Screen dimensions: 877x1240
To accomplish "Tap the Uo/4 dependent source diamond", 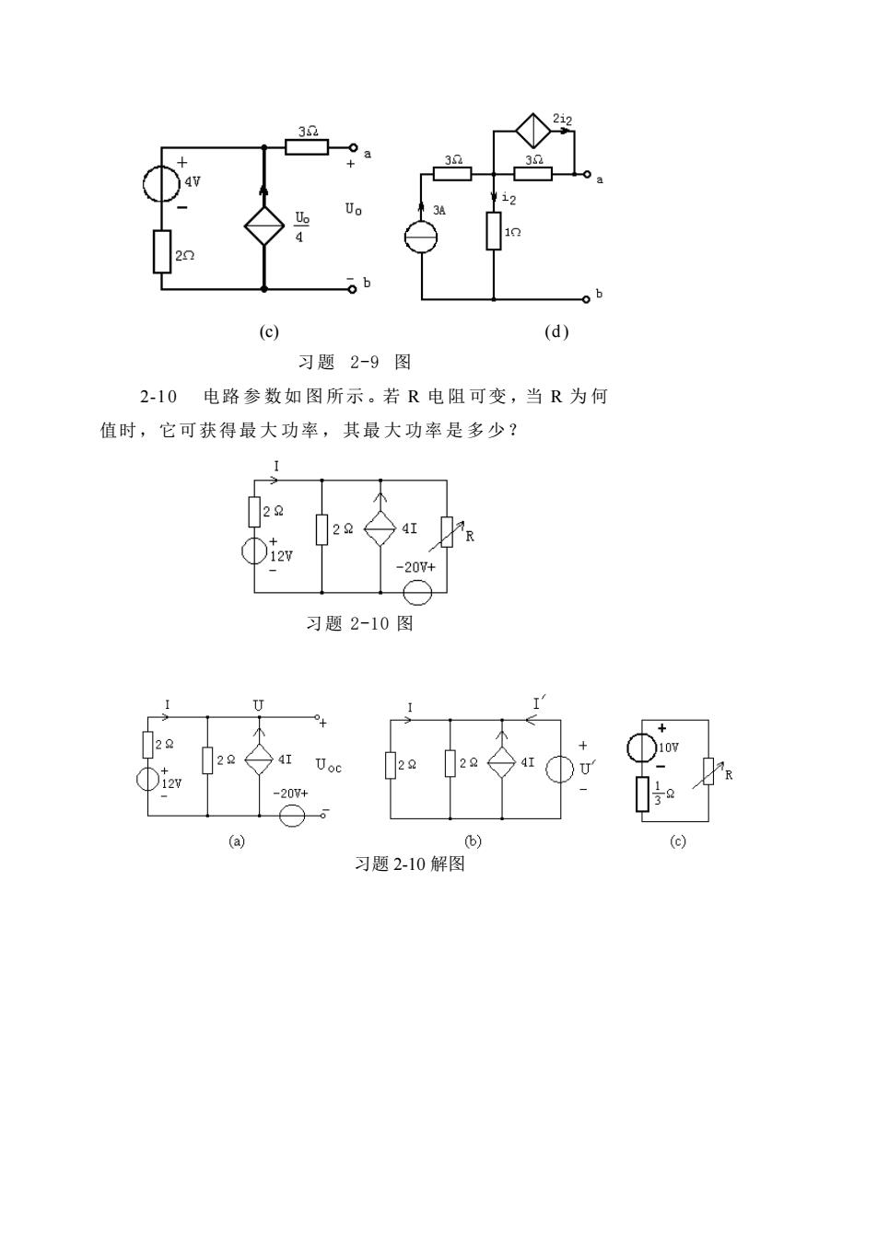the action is click(264, 226).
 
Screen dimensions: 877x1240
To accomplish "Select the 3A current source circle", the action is click(421, 237).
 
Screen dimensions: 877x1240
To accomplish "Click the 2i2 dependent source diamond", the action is click(533, 132).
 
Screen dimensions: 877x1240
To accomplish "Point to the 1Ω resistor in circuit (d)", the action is click(494, 231).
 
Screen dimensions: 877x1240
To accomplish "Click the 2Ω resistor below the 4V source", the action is click(162, 252).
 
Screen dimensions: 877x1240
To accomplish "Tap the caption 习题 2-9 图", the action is click(355, 362).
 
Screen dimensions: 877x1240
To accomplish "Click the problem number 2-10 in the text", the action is click(158, 397).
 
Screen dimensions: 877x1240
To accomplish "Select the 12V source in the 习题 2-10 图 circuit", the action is click(254, 550).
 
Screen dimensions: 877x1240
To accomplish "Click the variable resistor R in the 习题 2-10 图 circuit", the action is click(447, 532).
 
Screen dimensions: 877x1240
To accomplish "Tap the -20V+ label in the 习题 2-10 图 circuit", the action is click(415, 567).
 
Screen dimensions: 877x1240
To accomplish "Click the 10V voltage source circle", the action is click(642, 747).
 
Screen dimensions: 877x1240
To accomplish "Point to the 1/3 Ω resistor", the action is click(642, 794).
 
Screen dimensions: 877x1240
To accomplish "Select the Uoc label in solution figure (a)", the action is click(329, 766).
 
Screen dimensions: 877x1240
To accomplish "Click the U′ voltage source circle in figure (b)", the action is click(560, 769).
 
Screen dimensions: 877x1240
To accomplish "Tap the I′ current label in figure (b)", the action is click(538, 704).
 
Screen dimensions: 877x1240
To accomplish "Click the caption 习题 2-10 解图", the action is click(409, 863).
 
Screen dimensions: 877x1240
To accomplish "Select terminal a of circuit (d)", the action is click(587, 174).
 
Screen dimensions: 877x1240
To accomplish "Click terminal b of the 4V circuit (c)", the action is click(352, 289).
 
